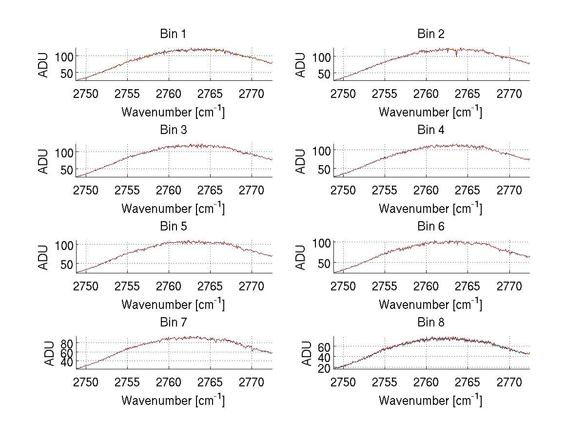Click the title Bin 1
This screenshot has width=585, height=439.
(x=173, y=34)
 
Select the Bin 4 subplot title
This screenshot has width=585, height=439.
(x=431, y=130)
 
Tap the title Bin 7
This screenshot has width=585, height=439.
(x=173, y=323)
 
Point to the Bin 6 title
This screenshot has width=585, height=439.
(x=431, y=227)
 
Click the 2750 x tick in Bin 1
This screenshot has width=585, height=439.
(x=86, y=94)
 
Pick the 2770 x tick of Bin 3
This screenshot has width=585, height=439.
(x=252, y=190)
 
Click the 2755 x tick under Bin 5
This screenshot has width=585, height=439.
(x=128, y=286)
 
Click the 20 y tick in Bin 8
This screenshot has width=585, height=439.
(x=324, y=368)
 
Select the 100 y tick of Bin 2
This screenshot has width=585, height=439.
(x=321, y=57)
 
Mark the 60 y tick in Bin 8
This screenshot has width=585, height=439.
(x=324, y=346)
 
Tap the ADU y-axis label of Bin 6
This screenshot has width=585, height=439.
(x=301, y=257)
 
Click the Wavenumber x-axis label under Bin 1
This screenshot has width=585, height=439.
(x=173, y=112)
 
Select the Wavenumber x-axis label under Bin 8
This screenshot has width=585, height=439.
(x=430, y=400)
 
